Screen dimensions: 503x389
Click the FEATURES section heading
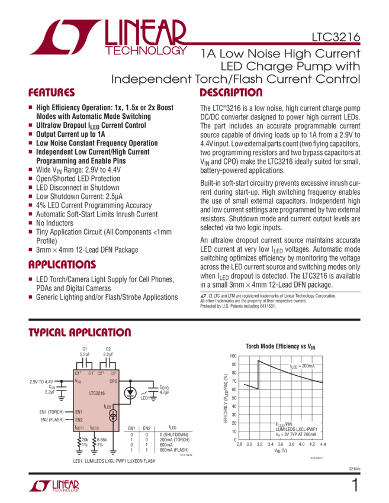(52, 93)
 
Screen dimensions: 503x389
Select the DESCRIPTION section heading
(230, 93)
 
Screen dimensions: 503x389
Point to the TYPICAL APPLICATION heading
(80, 333)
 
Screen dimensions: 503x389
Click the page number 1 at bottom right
(355, 485)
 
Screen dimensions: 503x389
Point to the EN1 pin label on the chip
(78, 411)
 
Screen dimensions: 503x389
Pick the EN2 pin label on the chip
(78, 420)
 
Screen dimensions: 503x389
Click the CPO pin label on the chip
(114, 382)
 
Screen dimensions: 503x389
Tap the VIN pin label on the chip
(78, 382)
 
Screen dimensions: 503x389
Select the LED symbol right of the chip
(134, 392)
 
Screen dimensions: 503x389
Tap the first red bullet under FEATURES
(30, 108)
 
